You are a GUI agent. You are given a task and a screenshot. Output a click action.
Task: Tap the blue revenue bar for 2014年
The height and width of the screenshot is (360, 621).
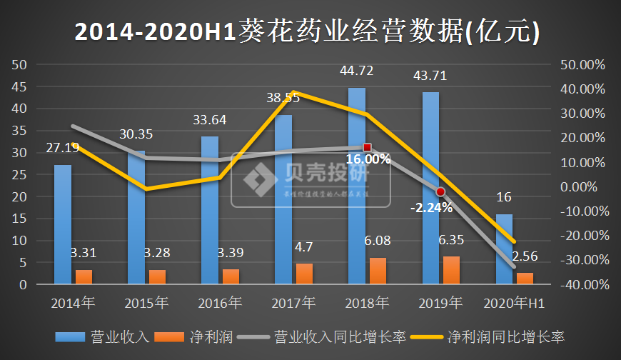coord(63,224)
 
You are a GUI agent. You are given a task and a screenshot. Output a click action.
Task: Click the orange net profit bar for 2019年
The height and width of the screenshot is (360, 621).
coord(452,270)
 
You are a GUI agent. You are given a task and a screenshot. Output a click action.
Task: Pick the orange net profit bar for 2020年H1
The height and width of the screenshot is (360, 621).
coord(525,278)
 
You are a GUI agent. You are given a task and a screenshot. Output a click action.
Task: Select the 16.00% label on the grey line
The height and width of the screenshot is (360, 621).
coord(368,159)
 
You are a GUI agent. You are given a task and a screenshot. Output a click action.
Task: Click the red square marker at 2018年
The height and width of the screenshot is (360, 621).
coord(368,147)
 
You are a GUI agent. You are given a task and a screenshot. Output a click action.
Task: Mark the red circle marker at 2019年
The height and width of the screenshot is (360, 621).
coord(441,191)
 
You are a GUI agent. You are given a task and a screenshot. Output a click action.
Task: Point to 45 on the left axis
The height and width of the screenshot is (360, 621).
coord(20,86)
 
